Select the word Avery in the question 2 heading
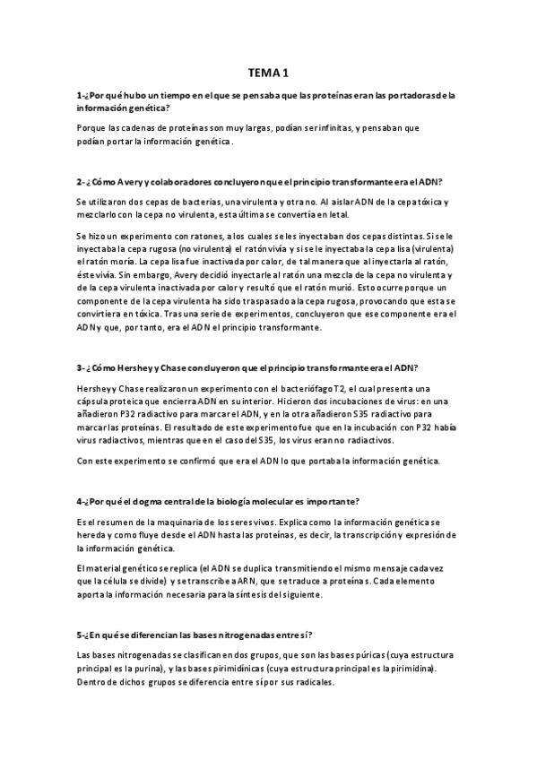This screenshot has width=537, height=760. tap(123, 180)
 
